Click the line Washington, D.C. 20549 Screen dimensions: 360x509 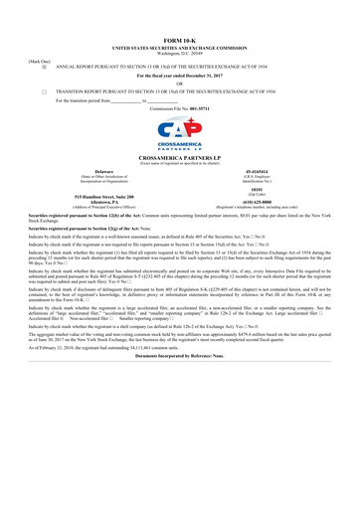click(179, 51)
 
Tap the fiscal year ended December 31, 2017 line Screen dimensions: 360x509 click(179, 75)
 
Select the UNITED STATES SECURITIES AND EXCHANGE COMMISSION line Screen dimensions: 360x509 click(179, 46)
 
